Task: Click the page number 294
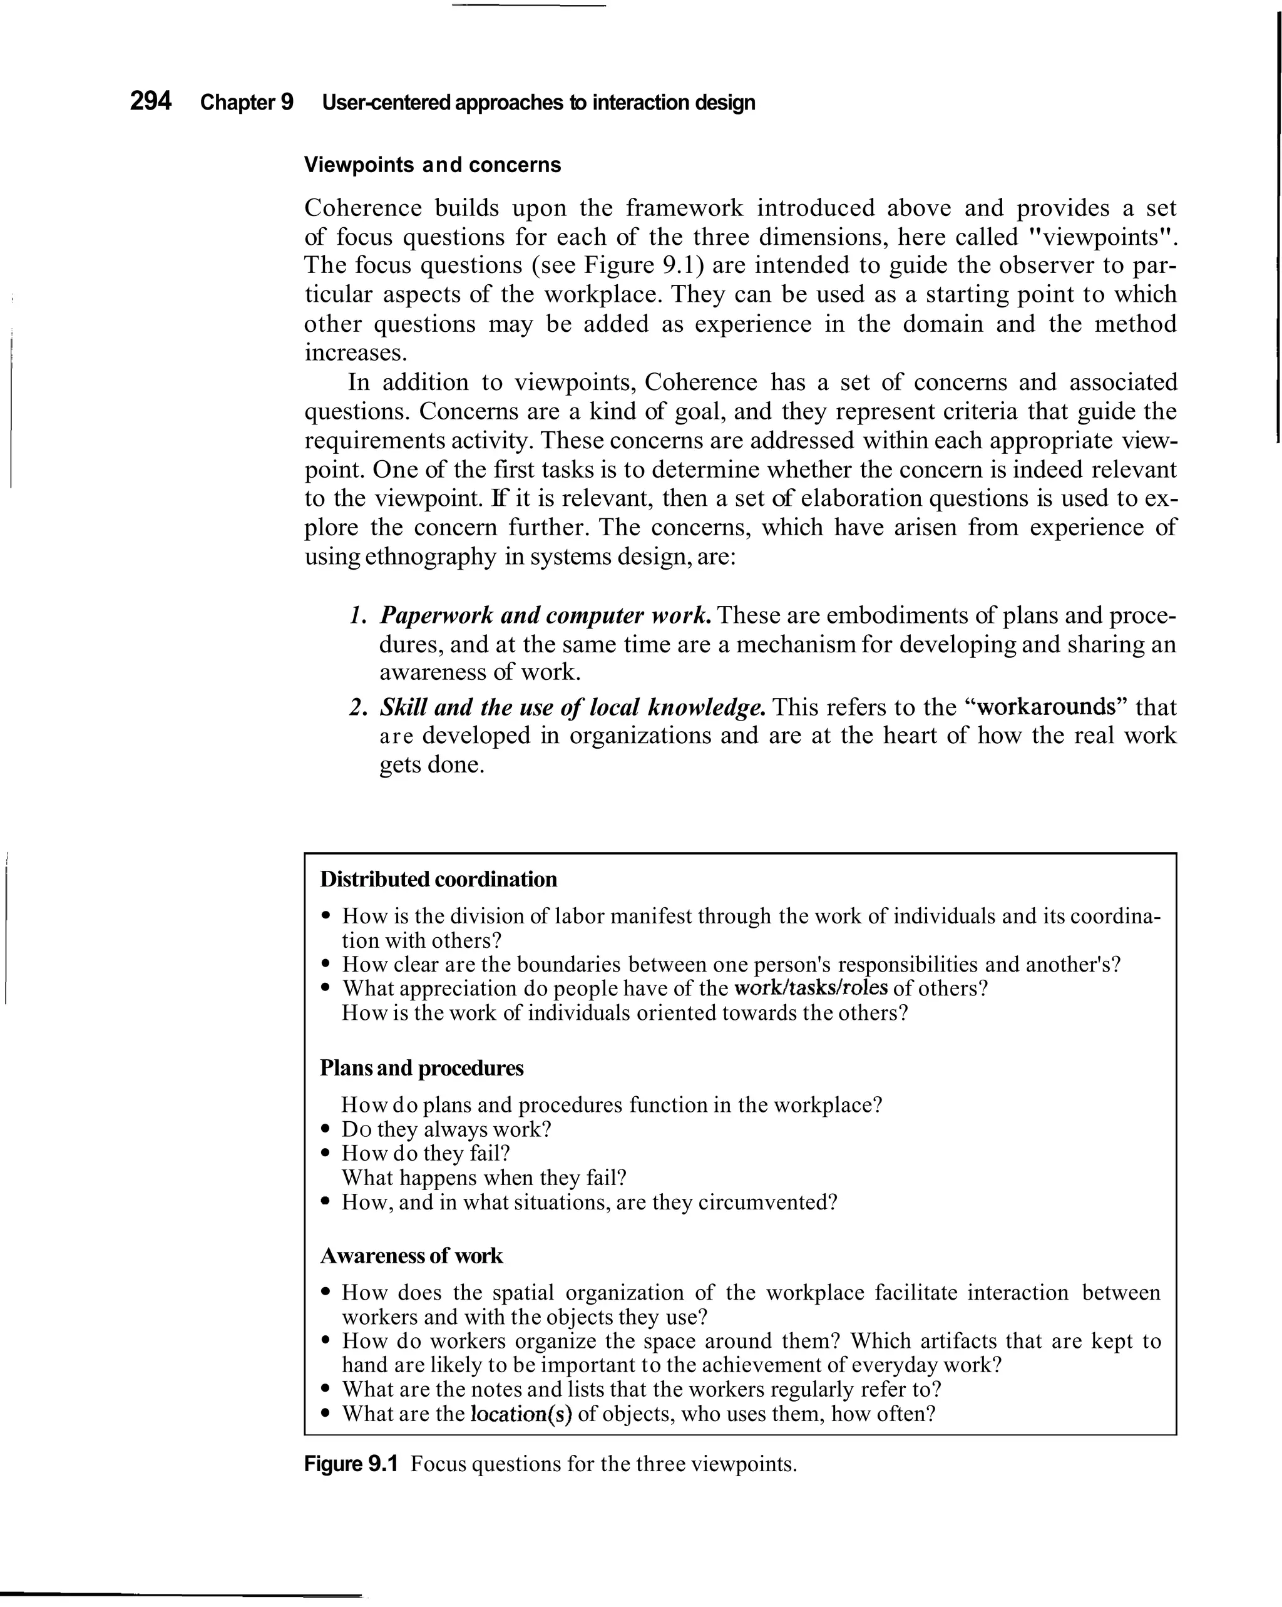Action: (151, 101)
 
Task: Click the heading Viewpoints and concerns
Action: (433, 165)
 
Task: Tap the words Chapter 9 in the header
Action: (247, 102)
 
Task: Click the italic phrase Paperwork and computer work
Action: (546, 615)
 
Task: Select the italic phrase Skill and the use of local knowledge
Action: (572, 707)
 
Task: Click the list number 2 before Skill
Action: (356, 707)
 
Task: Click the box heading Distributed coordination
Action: (438, 880)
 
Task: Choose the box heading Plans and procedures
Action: (421, 1068)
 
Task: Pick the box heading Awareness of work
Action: (411, 1256)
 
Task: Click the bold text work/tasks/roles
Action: (811, 988)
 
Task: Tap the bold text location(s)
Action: (521, 1414)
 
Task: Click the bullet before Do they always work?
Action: (325, 1130)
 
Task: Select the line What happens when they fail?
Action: (484, 1178)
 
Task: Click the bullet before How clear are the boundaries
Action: (325, 965)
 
